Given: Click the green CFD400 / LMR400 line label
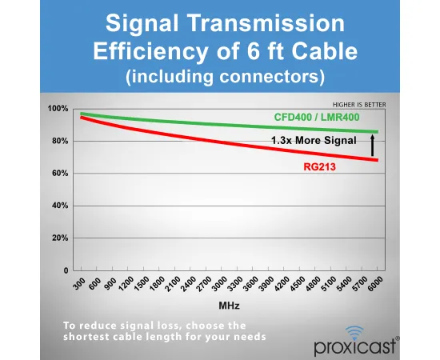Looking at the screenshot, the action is click(317, 117).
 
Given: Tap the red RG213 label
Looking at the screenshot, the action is click(320, 167).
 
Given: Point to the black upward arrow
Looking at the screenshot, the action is click(372, 146).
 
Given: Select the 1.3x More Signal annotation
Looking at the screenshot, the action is click(314, 140).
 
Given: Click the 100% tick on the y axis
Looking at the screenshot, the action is click(58, 109).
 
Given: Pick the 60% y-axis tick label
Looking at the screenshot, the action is click(60, 174).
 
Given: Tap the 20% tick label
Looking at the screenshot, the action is click(60, 238).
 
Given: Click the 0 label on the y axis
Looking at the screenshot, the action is click(66, 270).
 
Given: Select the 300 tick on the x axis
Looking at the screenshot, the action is click(79, 283).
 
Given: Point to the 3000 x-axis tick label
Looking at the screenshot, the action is click(219, 284).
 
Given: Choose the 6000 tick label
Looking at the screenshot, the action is click(374, 284).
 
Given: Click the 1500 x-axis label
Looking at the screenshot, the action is click(142, 284).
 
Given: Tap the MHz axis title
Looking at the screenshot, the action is click(229, 306).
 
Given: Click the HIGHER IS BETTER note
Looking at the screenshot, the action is click(359, 105).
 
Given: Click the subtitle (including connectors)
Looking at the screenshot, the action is click(225, 76).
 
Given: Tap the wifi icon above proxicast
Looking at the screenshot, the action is click(354, 333).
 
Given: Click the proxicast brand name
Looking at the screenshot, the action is click(354, 347).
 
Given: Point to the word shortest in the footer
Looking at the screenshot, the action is click(84, 336).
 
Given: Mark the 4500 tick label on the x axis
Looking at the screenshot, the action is click(297, 284).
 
